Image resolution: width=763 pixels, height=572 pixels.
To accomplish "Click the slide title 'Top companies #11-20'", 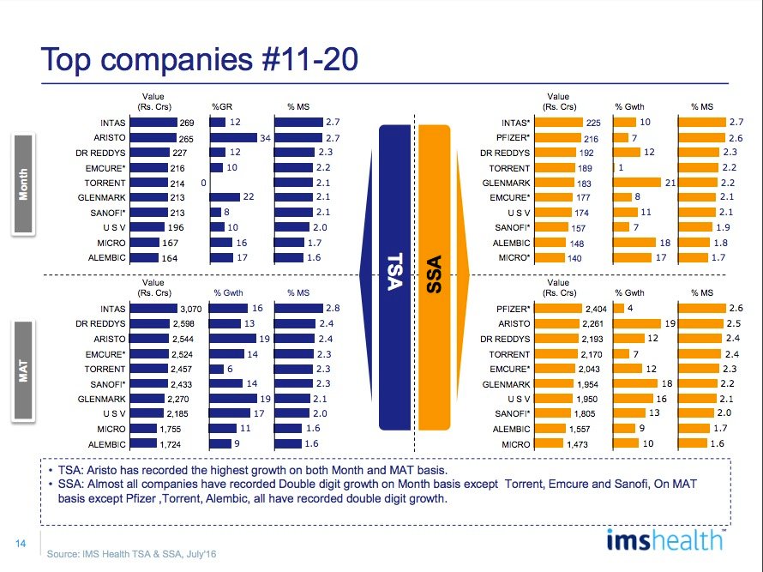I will [200, 60].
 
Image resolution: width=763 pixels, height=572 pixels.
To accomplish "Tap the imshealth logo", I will [664, 542].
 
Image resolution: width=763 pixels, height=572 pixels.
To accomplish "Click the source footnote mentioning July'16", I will [131, 555].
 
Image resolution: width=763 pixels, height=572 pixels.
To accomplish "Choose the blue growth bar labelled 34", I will [233, 138].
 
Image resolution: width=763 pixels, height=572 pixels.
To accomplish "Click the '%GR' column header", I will [223, 106].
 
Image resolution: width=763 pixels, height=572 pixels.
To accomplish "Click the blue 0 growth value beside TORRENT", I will [204, 184].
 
